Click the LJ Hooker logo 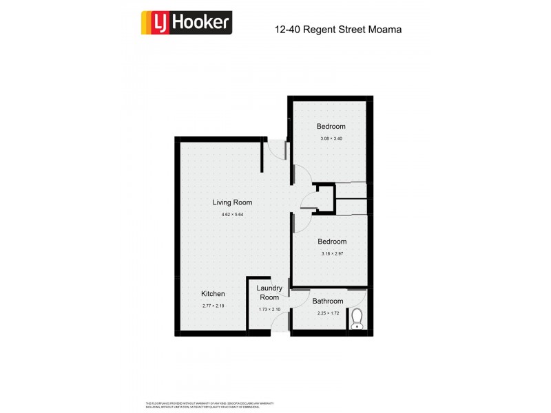click(x=186, y=23)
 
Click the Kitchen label click(x=213, y=294)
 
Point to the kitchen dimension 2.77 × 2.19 click(x=213, y=306)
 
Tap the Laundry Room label click(x=269, y=293)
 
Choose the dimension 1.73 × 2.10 click(x=269, y=309)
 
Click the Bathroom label click(x=327, y=301)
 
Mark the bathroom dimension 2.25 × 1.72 click(x=327, y=313)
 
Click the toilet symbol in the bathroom click(x=356, y=319)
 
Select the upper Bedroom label click(x=331, y=127)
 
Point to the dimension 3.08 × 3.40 click(x=331, y=139)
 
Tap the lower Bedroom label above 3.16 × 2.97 click(x=331, y=242)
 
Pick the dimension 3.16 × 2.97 click(x=331, y=254)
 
